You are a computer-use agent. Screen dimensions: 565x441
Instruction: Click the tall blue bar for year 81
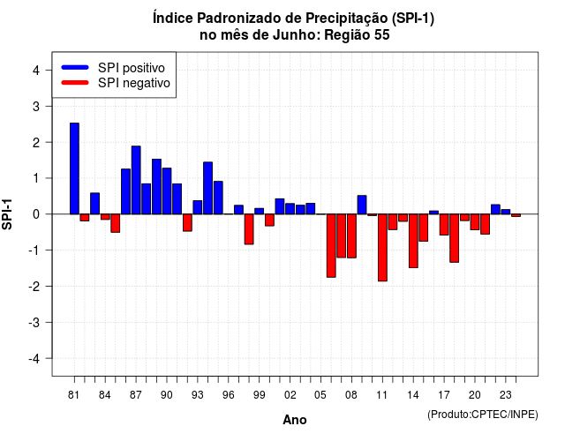74,168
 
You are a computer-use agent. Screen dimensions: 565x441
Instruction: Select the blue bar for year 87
136,180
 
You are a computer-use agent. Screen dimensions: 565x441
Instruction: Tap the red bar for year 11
382,248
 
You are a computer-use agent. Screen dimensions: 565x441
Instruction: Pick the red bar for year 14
413,241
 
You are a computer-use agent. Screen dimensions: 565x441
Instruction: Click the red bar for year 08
351,235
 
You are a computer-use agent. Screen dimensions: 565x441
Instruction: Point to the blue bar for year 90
167,191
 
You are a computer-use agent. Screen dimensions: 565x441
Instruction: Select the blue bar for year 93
198,207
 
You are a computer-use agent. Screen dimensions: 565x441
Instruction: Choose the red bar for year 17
444,225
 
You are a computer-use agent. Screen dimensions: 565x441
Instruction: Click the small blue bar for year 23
506,212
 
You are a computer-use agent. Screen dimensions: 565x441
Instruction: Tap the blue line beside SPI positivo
75,67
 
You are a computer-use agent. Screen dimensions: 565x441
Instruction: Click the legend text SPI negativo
133,83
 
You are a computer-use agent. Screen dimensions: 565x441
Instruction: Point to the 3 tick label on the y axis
36,106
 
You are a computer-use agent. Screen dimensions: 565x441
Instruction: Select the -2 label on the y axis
34,286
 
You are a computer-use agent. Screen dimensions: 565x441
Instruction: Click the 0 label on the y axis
36,214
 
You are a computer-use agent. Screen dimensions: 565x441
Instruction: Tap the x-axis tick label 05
320,395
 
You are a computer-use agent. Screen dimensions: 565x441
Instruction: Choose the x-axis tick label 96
229,395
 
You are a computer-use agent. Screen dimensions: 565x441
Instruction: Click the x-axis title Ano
294,420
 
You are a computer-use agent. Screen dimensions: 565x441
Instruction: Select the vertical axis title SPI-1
7,214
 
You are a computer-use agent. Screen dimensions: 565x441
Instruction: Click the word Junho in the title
294,35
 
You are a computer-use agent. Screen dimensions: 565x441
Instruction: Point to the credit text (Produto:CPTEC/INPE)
483,415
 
